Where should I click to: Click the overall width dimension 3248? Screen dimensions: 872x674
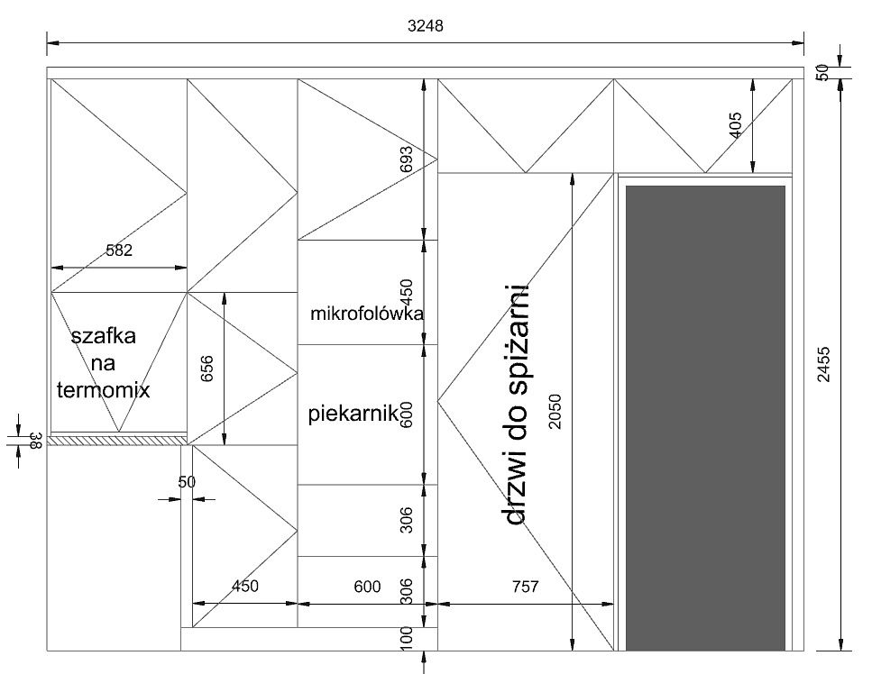pos(426,26)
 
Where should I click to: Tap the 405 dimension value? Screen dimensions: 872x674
pos(735,125)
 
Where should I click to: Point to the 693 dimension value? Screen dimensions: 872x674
pos(407,159)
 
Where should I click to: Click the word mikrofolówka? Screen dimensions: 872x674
pos(367,314)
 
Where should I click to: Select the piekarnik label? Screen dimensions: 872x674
pos(353,414)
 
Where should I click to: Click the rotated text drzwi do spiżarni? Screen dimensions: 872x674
pos(516,405)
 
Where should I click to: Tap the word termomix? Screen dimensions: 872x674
pos(104,389)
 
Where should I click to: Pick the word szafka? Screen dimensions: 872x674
pos(104,335)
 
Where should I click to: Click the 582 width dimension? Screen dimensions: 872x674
pos(119,250)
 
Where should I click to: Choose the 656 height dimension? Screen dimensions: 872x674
pos(207,369)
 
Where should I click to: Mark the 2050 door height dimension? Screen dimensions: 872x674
pos(555,411)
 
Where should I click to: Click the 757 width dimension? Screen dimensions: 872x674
pos(525,587)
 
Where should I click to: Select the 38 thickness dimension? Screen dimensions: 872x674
pos(35,442)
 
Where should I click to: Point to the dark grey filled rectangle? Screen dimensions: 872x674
pos(706,418)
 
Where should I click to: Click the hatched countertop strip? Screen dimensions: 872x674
pos(117,440)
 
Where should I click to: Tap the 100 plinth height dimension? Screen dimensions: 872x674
pos(407,637)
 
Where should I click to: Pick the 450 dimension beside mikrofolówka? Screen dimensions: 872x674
pos(407,292)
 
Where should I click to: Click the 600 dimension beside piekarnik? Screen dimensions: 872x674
pos(407,414)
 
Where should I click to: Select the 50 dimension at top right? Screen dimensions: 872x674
pos(822,72)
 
